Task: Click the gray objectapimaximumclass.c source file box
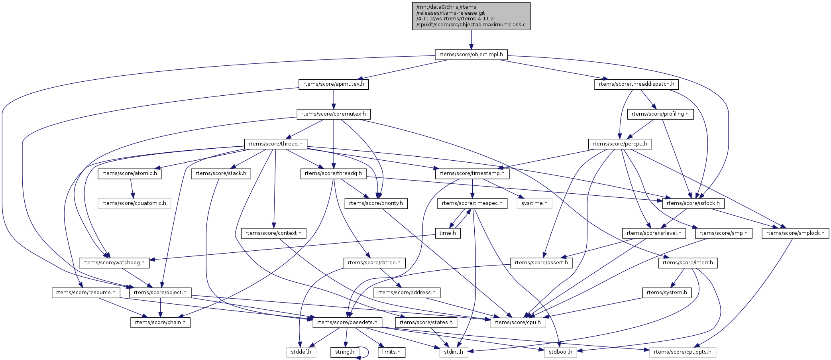(471, 16)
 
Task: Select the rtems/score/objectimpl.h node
(471, 55)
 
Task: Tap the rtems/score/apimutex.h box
(334, 85)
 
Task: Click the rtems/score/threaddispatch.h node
(637, 85)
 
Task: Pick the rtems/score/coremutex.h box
(334, 114)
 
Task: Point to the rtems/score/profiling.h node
(660, 114)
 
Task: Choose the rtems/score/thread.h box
(275, 144)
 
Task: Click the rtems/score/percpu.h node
(620, 144)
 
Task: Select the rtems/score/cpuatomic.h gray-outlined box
(134, 203)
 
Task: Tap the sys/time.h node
(534, 203)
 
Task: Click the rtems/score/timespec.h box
(472, 203)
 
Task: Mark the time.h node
(448, 233)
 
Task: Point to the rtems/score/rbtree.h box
(374, 263)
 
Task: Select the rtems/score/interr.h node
(688, 263)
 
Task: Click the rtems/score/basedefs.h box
(347, 323)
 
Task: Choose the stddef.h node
(301, 352)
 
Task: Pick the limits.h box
(391, 352)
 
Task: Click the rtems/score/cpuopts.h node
(683, 352)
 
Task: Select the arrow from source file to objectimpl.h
(471, 40)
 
